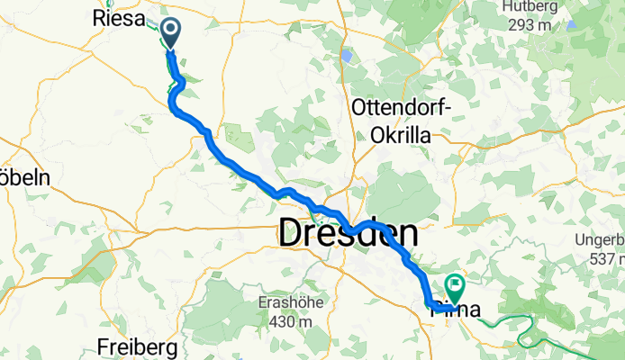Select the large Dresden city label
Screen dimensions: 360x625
click(x=349, y=234)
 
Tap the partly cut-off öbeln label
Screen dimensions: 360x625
click(x=24, y=175)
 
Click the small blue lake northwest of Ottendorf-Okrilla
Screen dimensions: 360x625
click(x=347, y=55)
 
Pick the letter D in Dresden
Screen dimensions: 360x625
click(x=294, y=234)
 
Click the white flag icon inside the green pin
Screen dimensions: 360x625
click(x=454, y=286)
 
